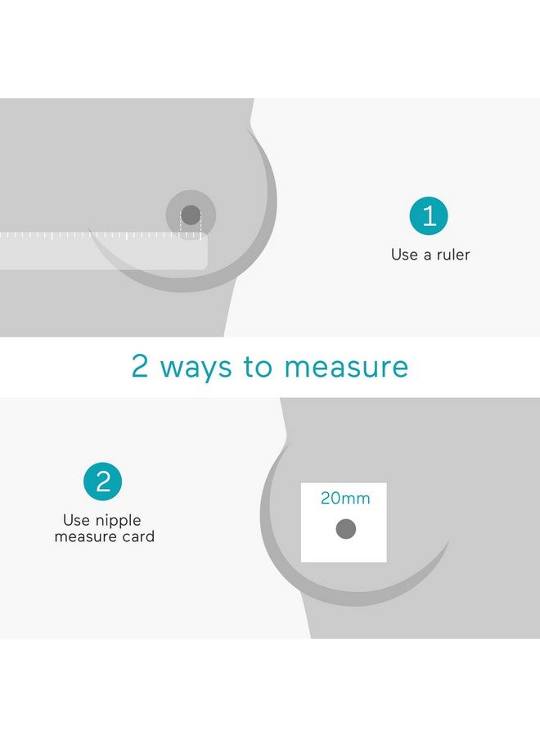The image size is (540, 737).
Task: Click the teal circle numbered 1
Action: [429, 216]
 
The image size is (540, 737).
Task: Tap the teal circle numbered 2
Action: [102, 482]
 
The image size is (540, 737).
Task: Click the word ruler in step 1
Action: [452, 255]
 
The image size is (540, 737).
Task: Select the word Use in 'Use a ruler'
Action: [404, 255]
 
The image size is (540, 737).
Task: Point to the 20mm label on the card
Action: [344, 498]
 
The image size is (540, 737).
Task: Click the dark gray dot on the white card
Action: [345, 529]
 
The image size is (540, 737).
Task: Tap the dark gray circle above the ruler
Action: [191, 215]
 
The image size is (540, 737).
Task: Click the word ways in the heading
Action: [196, 368]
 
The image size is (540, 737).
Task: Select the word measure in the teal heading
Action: [347, 367]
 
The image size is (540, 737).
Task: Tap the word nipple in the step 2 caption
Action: [119, 521]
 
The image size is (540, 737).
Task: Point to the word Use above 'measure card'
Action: [76, 521]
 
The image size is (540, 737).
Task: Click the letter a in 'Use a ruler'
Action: [426, 255]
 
